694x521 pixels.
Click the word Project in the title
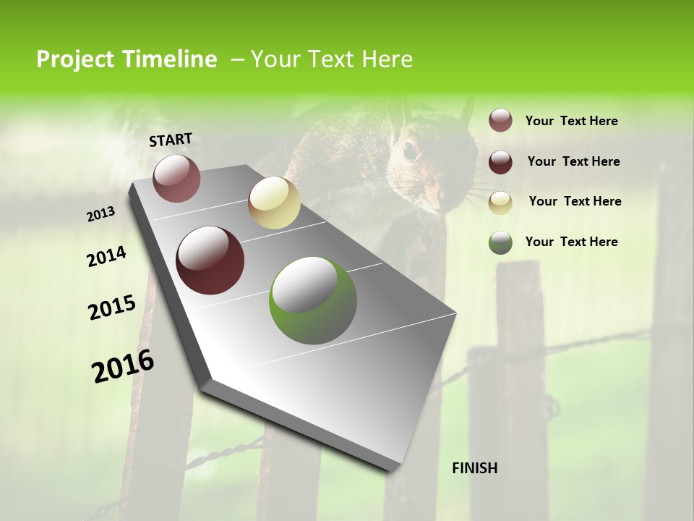(x=75, y=59)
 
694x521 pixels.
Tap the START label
(x=171, y=140)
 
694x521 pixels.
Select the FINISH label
(x=474, y=468)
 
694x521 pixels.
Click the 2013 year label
(x=101, y=214)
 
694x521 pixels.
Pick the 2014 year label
(x=107, y=257)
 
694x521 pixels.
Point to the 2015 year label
(x=112, y=308)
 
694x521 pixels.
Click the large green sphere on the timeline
(x=313, y=300)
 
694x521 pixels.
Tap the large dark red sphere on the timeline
(x=210, y=260)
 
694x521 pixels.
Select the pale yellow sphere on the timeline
(x=274, y=203)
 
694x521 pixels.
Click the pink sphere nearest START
(x=176, y=178)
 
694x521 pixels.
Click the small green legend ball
(x=500, y=242)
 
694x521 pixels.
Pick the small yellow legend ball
(x=500, y=203)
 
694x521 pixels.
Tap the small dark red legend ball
(x=500, y=162)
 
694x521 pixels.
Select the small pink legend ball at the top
(x=500, y=121)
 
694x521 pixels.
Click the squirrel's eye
(x=410, y=151)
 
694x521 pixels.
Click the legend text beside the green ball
(x=571, y=242)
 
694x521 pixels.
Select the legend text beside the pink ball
(x=571, y=121)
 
